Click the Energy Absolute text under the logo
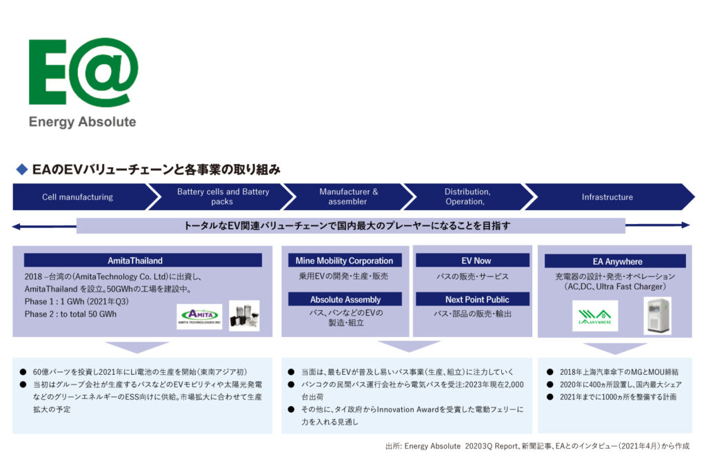point(83,122)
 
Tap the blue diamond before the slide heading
point(21,169)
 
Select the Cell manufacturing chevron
point(77,197)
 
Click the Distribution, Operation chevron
point(467,197)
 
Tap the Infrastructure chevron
point(607,197)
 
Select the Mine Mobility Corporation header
point(344,261)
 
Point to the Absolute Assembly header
point(344,300)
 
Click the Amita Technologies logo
point(199,316)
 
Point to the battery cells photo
point(244,316)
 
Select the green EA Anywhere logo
point(595,316)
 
